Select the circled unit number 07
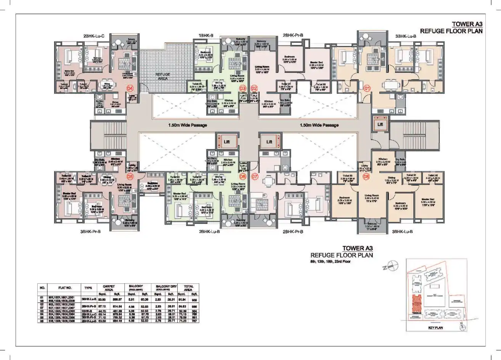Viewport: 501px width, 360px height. (x=255, y=177)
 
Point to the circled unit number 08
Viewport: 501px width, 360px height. (x=366, y=177)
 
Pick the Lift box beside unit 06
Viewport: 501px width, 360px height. (x=227, y=142)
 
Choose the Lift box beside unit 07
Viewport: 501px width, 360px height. (x=269, y=142)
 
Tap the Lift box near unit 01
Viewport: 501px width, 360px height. (x=380, y=124)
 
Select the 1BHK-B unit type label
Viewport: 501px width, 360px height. (x=206, y=36)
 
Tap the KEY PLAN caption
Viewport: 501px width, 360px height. (x=435, y=328)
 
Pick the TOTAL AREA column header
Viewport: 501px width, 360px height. (x=188, y=288)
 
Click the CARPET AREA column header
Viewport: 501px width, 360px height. (x=109, y=288)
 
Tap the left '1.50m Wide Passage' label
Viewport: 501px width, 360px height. (x=188, y=125)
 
